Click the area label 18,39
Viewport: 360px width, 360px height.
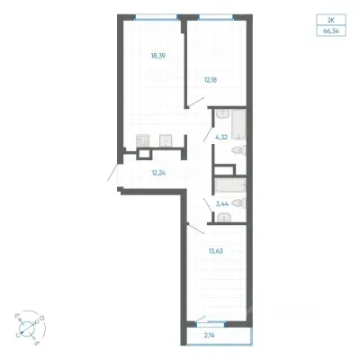click(158, 56)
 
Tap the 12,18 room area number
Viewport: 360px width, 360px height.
click(210, 80)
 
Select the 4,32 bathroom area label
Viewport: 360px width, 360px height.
click(221, 138)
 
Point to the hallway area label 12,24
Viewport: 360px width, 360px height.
click(159, 173)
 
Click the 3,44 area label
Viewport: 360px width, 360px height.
click(222, 204)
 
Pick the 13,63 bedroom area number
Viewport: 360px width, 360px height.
click(216, 251)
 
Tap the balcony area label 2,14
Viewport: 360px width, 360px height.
click(211, 336)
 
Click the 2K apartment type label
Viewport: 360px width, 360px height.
click(331, 21)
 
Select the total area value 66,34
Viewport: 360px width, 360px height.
click(331, 31)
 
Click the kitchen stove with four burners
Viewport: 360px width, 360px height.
click(142, 140)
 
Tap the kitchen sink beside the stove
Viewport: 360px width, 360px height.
click(166, 141)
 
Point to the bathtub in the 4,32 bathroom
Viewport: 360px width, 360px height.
click(238, 124)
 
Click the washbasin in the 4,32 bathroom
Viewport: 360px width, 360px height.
click(222, 114)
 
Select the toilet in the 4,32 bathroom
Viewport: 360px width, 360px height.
click(239, 150)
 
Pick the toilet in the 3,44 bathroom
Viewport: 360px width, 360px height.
click(239, 203)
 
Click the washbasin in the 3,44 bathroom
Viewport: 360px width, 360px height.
click(224, 217)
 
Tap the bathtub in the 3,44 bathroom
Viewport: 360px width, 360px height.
click(230, 184)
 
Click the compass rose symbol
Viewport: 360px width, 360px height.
click(29, 326)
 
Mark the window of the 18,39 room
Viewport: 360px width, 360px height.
click(156, 17)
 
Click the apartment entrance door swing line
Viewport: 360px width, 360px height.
click(113, 173)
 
